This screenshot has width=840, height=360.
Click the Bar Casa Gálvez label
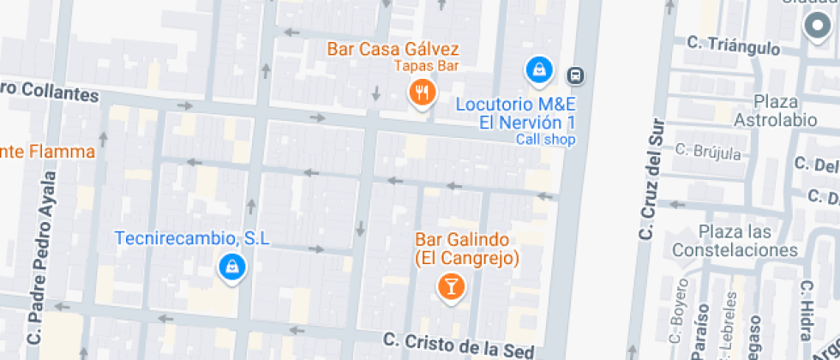coord(393,49)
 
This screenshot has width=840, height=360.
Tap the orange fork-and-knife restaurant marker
coord(421,92)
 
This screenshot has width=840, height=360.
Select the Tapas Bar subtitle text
coord(427,66)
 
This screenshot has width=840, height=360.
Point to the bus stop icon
coord(577,75)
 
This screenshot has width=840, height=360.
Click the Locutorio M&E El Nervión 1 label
coord(515,113)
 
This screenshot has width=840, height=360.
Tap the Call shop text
coord(544,140)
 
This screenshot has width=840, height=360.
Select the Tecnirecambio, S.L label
coord(193,237)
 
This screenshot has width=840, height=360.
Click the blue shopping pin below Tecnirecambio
coord(231,267)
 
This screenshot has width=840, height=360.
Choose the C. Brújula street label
coord(708,152)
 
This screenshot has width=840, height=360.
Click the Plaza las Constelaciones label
coord(735,241)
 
